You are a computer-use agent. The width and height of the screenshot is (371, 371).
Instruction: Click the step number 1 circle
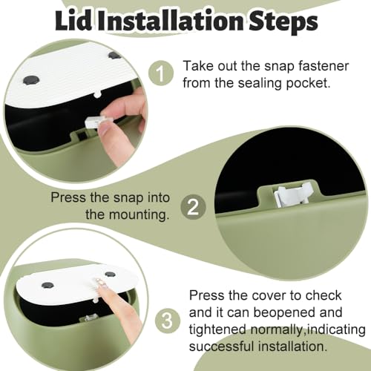(161, 73)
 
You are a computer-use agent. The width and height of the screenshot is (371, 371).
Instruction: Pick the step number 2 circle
(193, 207)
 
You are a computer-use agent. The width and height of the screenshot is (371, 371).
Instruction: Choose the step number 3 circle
(167, 321)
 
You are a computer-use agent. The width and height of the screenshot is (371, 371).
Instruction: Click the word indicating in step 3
(336, 329)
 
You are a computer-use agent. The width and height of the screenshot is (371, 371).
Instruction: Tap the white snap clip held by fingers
(94, 122)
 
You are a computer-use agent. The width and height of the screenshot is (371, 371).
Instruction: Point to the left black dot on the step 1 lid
(31, 80)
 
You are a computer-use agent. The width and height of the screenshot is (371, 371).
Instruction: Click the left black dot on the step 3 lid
(47, 285)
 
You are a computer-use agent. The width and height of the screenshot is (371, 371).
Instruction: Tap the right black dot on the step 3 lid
(110, 274)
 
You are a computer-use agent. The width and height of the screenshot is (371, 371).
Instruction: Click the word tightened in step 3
(217, 329)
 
